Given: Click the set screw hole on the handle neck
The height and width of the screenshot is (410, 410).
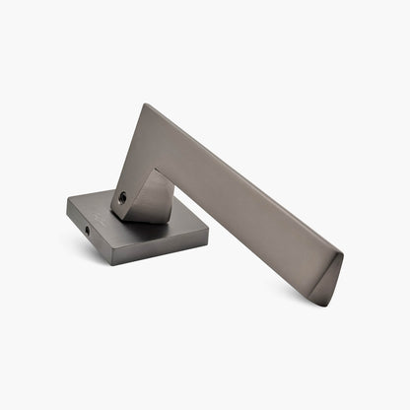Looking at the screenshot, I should point(121,197).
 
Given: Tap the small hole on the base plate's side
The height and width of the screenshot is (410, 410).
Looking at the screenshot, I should point(86,230).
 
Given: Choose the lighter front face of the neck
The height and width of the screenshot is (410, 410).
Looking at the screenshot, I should point(146,202).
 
